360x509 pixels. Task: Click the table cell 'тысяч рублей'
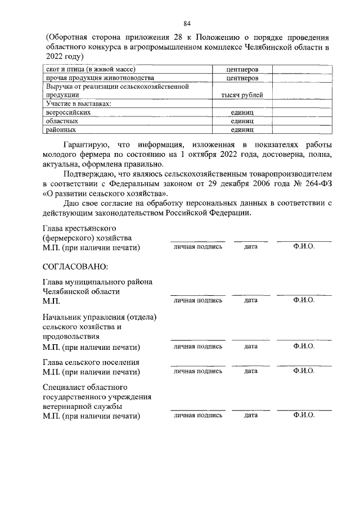(242, 95)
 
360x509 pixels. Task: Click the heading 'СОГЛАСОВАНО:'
(75, 266)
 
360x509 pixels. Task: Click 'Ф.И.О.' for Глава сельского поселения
(304, 371)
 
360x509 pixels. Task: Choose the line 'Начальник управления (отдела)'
(100, 317)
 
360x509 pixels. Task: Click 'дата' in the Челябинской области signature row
(251, 300)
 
